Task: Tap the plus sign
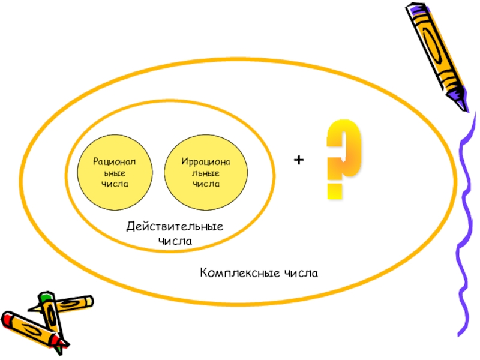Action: pyautogui.click(x=299, y=160)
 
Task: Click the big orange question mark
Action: pyautogui.click(x=344, y=150)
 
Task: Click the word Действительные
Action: pyautogui.click(x=175, y=227)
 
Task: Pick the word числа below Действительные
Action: pyautogui.click(x=175, y=241)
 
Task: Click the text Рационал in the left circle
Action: pyautogui.click(x=110, y=161)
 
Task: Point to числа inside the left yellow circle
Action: pyautogui.click(x=110, y=184)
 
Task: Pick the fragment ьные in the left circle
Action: pyautogui.click(x=110, y=173)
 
